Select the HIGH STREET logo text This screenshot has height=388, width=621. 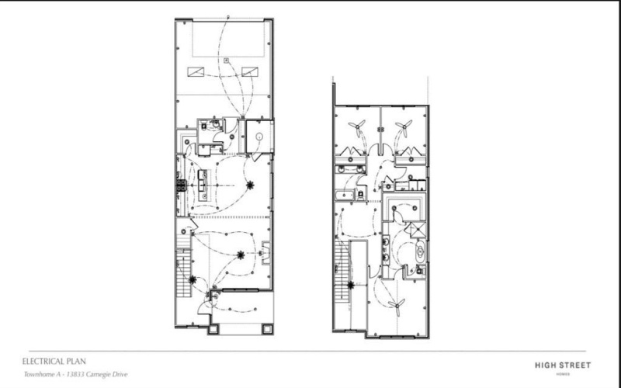[x=563, y=363]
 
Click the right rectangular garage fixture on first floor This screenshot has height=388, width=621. [x=249, y=72]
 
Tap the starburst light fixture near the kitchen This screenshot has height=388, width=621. [x=250, y=185]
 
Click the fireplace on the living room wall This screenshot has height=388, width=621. [x=266, y=251]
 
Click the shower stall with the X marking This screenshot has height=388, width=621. [x=416, y=230]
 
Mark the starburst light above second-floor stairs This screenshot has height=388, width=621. [x=351, y=285]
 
